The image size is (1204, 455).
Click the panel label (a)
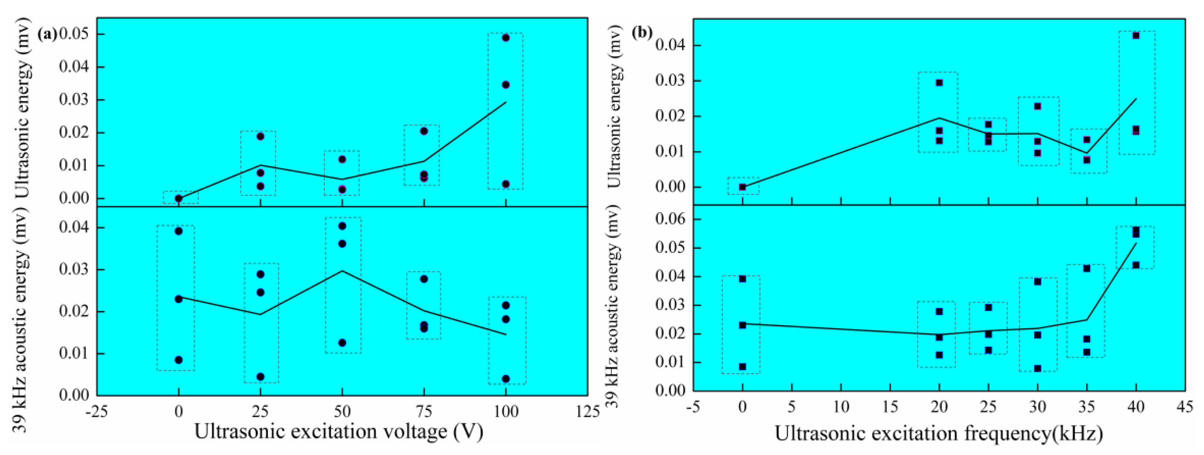click(x=47, y=34)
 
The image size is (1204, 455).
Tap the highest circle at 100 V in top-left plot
click(x=506, y=37)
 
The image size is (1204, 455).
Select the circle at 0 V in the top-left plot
click(x=179, y=198)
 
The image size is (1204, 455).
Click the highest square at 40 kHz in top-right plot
click(x=1136, y=35)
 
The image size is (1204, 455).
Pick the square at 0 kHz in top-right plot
click(x=742, y=187)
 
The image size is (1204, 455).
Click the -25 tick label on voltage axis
click(x=96, y=412)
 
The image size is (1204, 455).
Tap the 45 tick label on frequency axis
click(x=1185, y=407)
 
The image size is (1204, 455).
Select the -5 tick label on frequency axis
click(x=693, y=407)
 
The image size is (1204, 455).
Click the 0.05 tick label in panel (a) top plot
click(x=74, y=34)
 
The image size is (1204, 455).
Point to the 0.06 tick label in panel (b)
click(x=671, y=219)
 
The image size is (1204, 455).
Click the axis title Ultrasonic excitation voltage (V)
click(x=339, y=431)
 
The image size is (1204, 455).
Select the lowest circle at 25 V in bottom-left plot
click(x=260, y=377)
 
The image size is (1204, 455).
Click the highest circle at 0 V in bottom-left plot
click(x=179, y=231)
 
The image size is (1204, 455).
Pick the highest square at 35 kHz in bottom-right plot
click(x=1087, y=268)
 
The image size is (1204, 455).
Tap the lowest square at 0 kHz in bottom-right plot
click(x=742, y=367)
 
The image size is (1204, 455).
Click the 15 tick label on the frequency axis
click(x=890, y=407)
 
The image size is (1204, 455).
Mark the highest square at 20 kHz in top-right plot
click(x=939, y=83)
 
